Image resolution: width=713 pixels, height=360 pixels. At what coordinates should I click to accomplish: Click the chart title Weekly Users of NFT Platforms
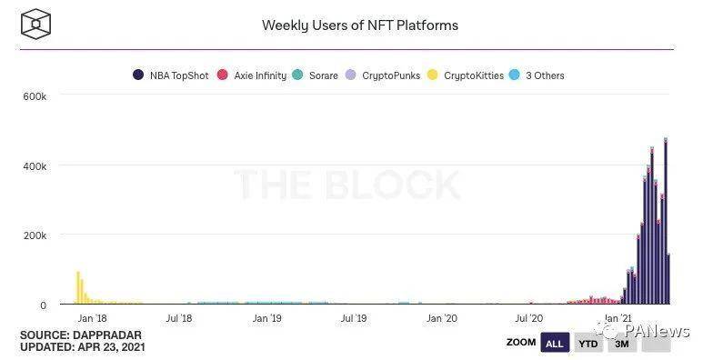click(359, 25)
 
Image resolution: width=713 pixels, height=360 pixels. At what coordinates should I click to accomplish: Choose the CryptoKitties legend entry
click(467, 75)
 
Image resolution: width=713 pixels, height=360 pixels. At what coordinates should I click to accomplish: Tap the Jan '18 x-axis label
click(92, 318)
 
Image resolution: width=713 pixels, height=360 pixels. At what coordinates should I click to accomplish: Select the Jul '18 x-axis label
click(180, 318)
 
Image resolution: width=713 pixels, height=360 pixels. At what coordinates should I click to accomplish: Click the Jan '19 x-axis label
click(267, 318)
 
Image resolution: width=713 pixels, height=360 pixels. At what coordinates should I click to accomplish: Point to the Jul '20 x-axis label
click(529, 318)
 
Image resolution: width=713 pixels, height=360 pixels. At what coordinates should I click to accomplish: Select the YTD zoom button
click(587, 344)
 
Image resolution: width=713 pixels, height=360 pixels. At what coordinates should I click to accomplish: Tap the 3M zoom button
click(622, 344)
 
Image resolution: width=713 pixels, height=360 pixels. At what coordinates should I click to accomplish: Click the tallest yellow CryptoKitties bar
click(78, 287)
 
